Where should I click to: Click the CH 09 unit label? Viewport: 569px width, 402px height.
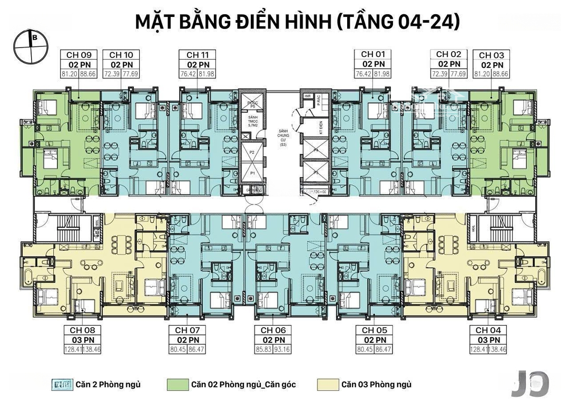click(79, 55)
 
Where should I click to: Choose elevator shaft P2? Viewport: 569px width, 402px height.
click(252, 152)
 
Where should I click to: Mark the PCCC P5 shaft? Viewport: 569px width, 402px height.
click(252, 103)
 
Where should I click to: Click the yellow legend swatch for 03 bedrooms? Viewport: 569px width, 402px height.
click(327, 385)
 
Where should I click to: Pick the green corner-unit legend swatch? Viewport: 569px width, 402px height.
click(178, 385)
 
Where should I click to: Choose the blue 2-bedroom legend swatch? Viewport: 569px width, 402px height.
click(62, 385)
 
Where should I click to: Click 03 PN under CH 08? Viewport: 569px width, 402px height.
click(79, 339)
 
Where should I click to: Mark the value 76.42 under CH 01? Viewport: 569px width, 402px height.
click(364, 73)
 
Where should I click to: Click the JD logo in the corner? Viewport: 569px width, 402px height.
click(531, 383)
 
